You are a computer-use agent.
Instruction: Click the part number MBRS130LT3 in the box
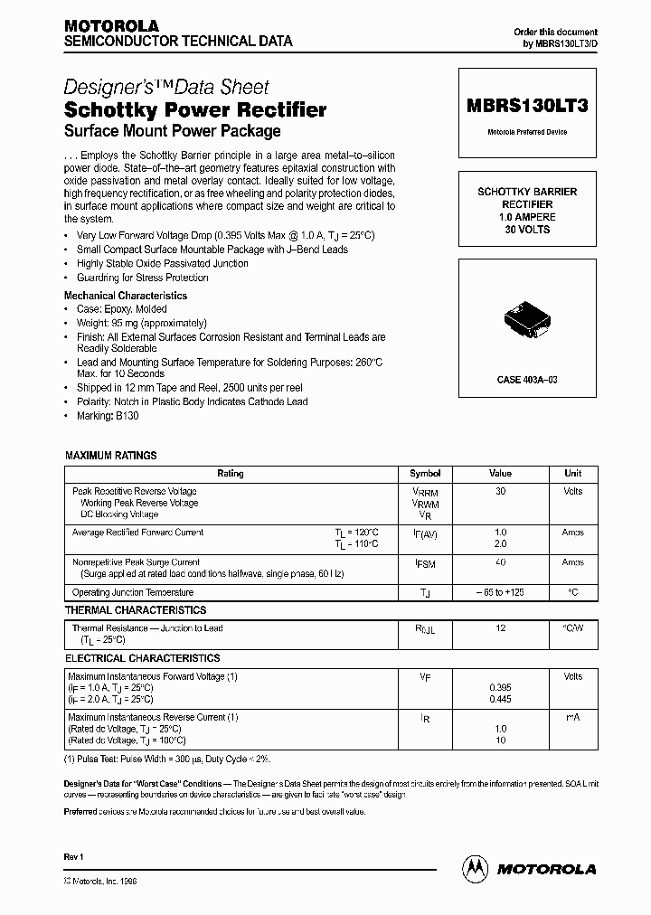pos(527,105)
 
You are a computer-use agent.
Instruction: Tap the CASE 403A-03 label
pos(526,380)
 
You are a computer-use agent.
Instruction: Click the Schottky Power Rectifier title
pos(195,110)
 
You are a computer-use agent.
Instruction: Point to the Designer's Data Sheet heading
pos(166,88)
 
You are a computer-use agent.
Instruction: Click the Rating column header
pos(231,474)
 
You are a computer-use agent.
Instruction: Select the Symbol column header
pos(425,474)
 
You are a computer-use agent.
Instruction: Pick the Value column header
pos(500,474)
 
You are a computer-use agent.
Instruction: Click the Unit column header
pos(572,474)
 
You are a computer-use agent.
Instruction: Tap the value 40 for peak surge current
pos(500,562)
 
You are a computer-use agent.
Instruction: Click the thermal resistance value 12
pos(500,628)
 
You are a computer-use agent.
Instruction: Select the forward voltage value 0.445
pos(500,699)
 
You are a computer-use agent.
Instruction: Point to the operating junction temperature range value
pos(500,592)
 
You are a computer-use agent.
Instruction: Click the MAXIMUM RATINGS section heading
pos(110,456)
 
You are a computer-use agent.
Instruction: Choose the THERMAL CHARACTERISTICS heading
pos(135,610)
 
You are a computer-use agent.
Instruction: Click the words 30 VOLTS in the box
pos(527,230)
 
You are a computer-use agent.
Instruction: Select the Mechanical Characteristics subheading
pos(126,296)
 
